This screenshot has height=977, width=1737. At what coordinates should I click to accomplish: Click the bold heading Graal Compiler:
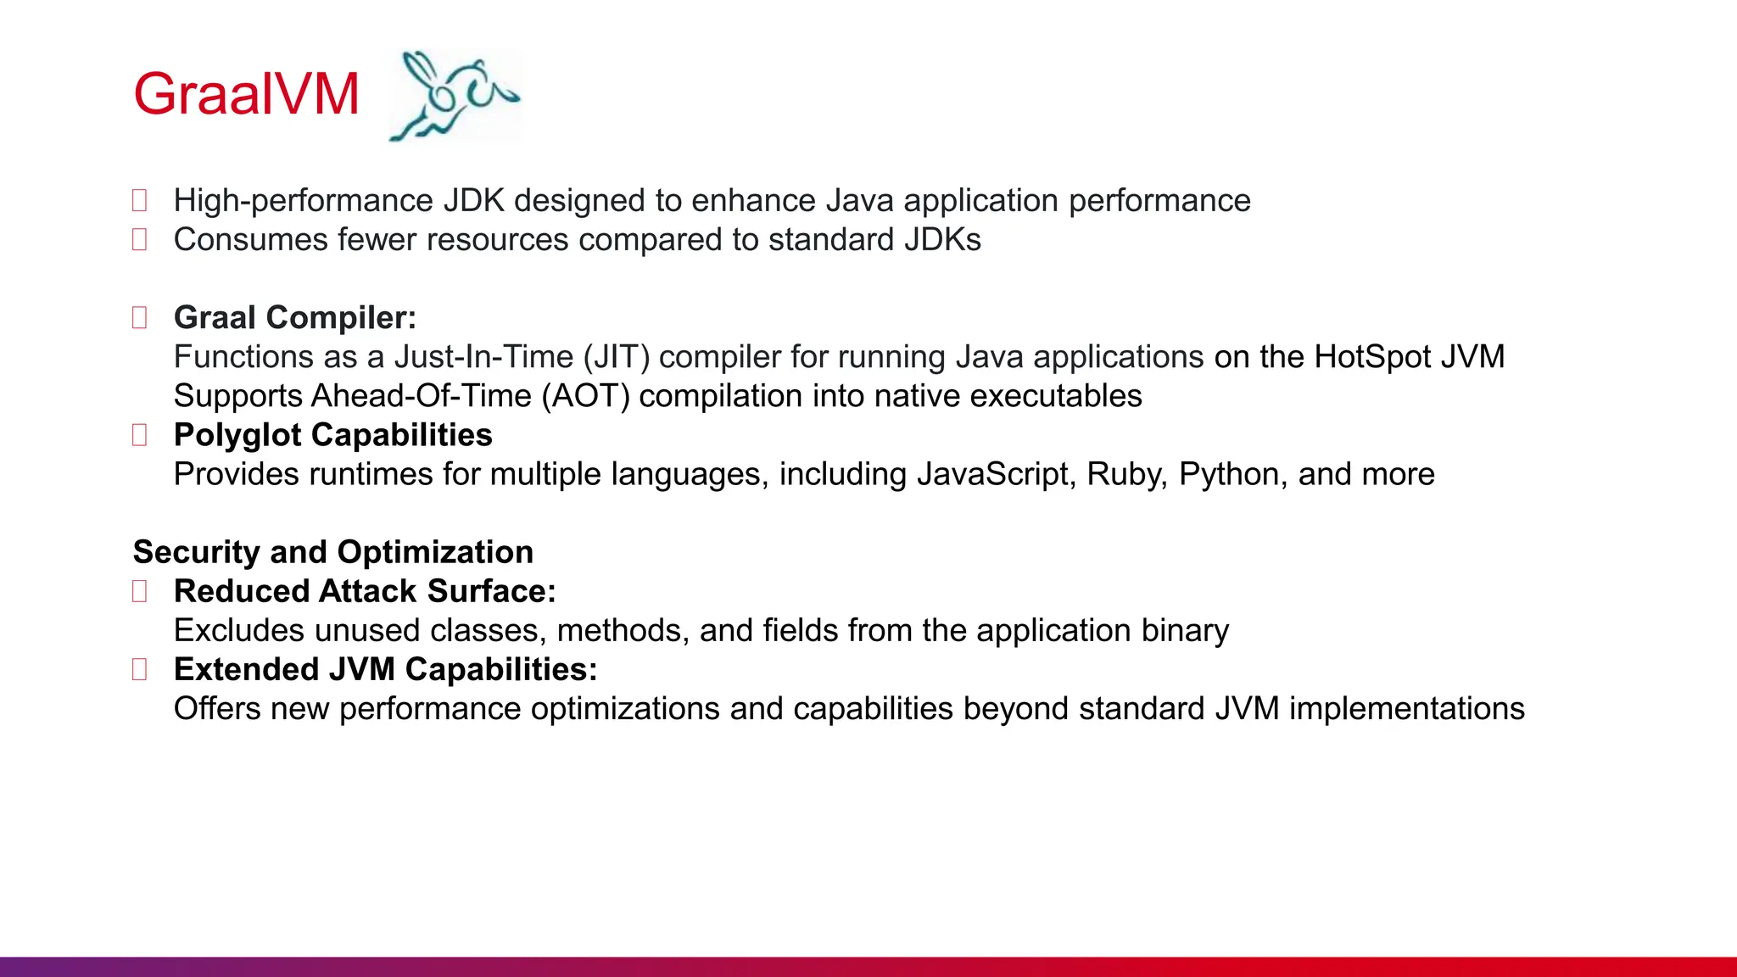[295, 317]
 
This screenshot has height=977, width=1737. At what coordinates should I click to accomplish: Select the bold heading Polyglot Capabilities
[332, 435]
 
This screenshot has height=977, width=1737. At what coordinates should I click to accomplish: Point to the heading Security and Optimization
[333, 552]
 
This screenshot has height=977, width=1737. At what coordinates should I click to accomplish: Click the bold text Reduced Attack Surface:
[365, 591]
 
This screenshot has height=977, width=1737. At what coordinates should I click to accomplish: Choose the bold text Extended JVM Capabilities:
[385, 669]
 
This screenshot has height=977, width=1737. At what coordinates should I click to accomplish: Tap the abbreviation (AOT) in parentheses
[586, 396]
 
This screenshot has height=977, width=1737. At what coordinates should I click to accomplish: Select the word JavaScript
[997, 474]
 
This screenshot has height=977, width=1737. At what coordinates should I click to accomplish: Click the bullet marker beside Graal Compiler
[140, 318]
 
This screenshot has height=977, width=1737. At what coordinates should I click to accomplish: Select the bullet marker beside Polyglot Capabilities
[140, 435]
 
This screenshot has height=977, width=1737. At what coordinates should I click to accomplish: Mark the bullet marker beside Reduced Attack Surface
[140, 591]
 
